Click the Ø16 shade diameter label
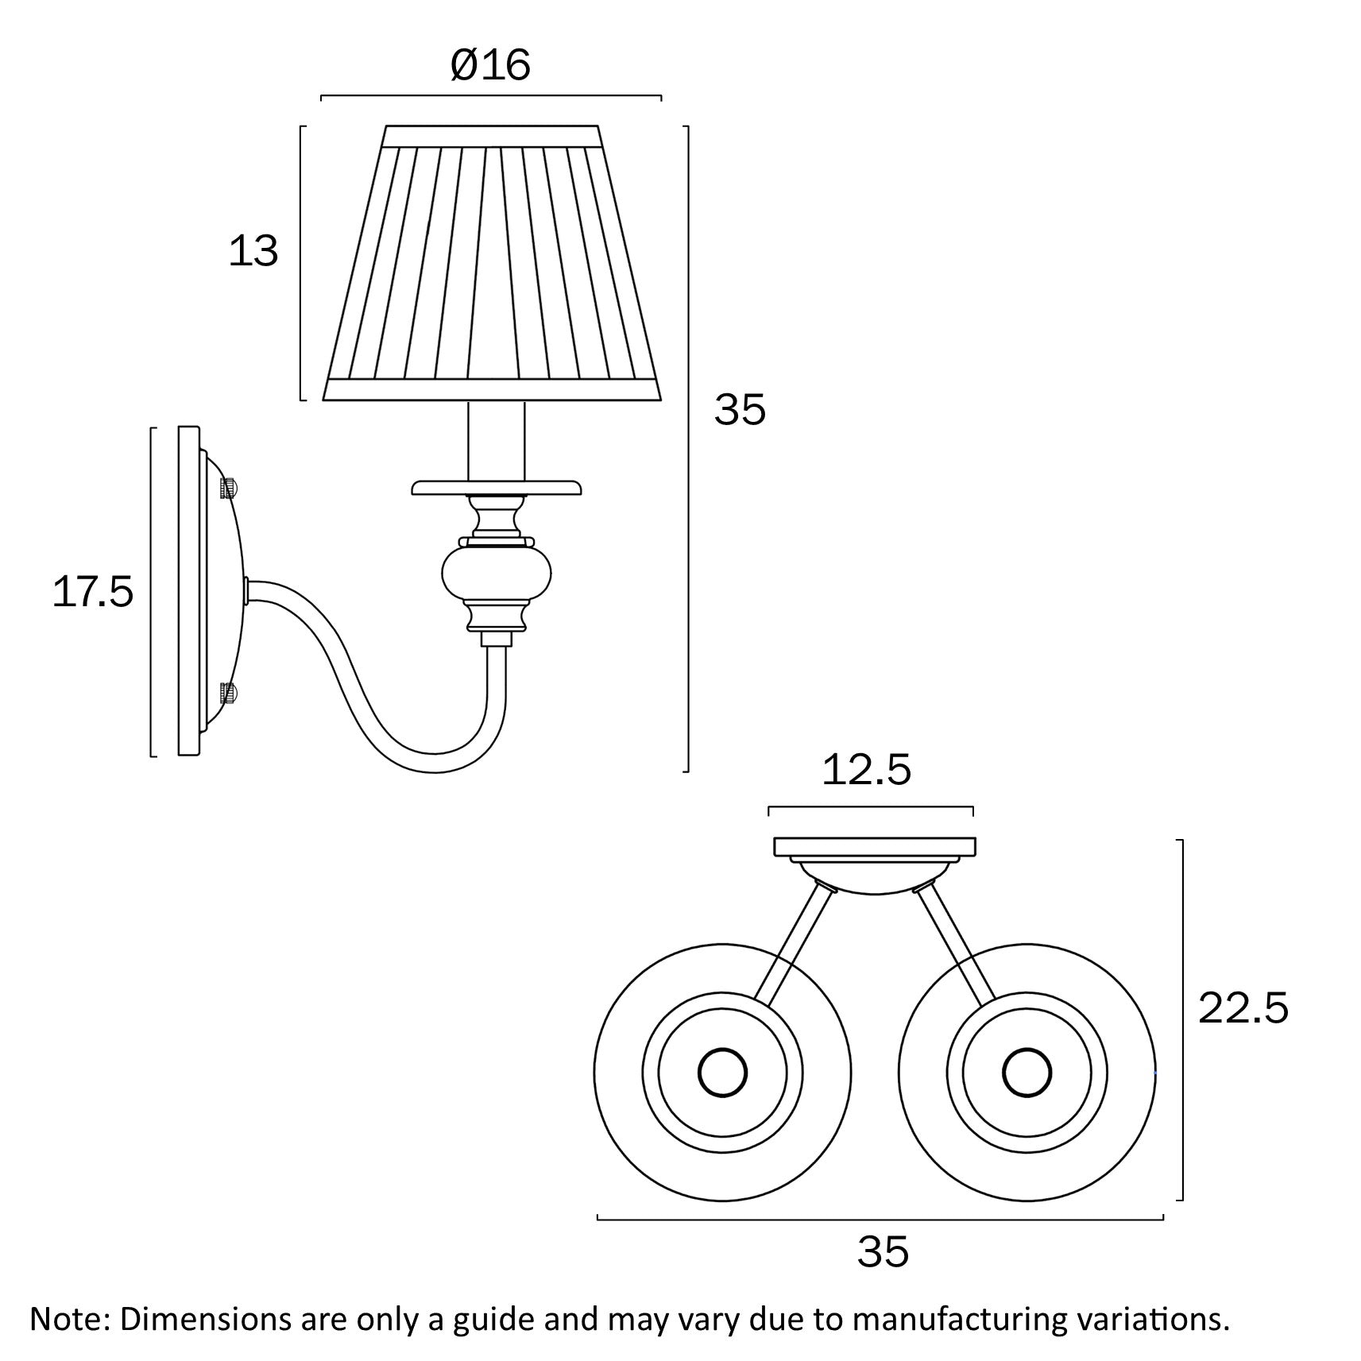490,65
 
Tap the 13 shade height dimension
253,251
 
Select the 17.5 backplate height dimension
93,593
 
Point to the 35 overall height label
740,410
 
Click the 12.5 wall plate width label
866,770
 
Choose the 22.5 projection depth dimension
1243,1008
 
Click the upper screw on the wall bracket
229,487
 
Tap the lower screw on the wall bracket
229,694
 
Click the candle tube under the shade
497,441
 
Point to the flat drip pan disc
497,487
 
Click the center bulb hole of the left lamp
722,1073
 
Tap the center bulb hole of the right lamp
1027,1073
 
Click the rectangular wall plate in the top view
875,847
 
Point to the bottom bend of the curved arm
433,763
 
